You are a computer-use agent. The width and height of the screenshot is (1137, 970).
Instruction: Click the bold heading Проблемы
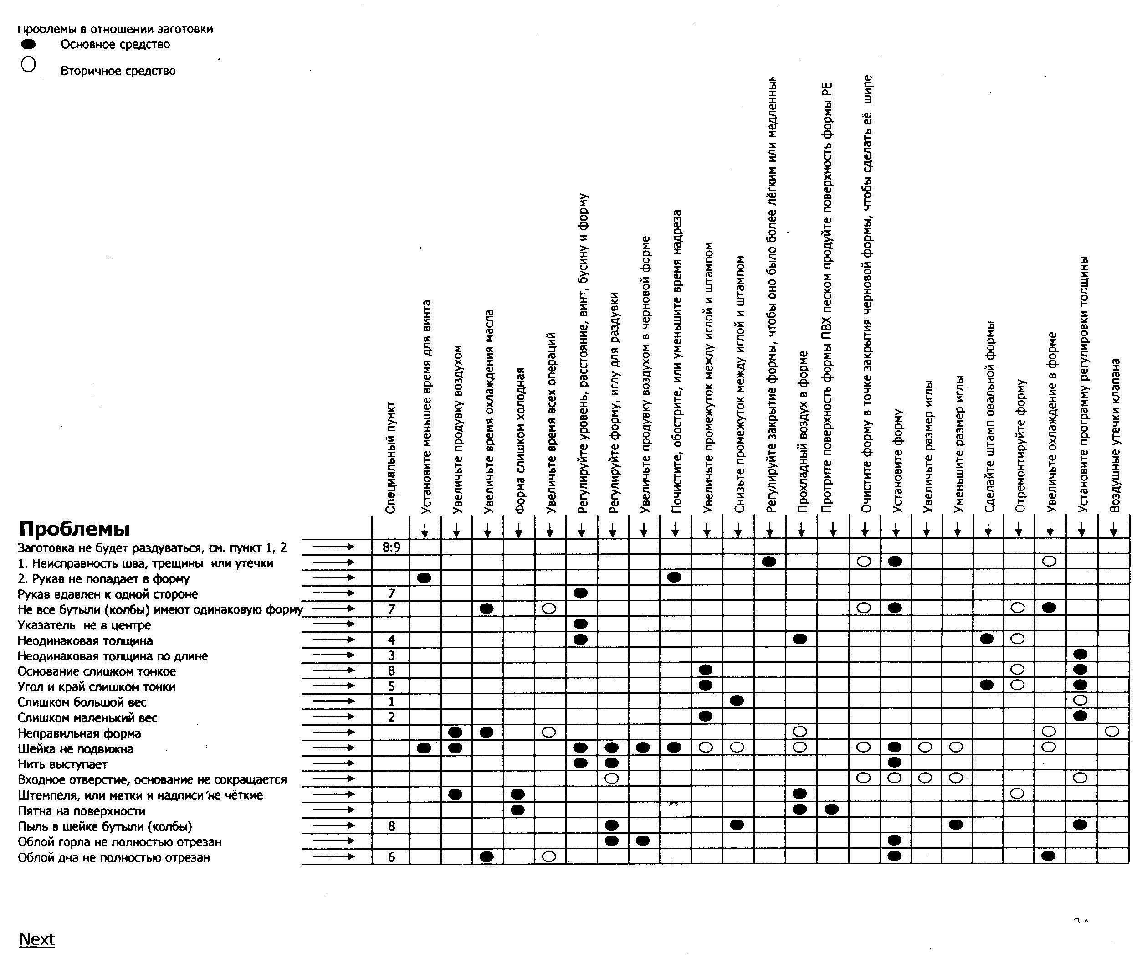75,529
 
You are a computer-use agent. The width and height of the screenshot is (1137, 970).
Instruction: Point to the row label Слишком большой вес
82,702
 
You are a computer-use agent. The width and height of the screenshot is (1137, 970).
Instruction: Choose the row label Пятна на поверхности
81,811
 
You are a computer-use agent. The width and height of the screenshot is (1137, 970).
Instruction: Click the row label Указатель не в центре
84,624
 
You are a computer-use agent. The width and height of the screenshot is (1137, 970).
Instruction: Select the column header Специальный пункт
391,458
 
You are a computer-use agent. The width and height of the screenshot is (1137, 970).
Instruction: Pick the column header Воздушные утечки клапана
1115,436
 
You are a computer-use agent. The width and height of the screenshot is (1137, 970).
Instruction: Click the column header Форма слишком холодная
521,441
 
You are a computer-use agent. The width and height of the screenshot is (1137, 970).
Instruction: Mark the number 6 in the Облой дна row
391,857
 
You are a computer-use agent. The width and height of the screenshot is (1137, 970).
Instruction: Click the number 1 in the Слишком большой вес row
391,702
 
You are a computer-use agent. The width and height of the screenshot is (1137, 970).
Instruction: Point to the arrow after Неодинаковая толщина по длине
334,655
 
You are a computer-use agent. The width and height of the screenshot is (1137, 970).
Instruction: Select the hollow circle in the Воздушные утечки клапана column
1112,731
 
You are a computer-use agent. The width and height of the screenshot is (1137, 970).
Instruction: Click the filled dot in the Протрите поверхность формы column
831,809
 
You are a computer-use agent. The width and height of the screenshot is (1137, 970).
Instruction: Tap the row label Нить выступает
62,764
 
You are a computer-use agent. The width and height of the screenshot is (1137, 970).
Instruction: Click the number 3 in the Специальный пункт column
391,655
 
